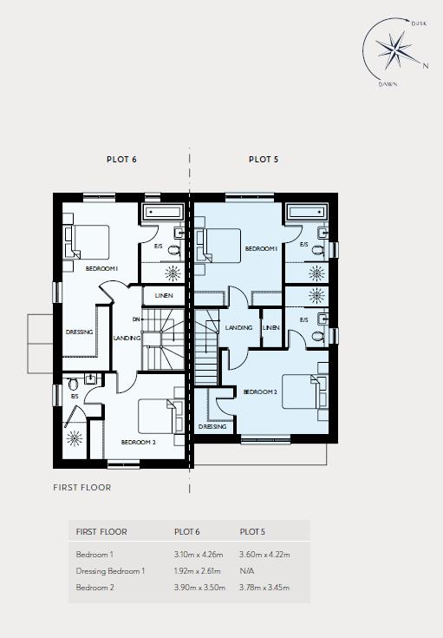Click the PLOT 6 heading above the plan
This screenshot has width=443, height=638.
point(121,160)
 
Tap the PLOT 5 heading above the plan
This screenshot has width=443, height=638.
point(264,160)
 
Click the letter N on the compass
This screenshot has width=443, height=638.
point(426,65)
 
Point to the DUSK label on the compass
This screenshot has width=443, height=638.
point(419,23)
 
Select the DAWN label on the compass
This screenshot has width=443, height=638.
point(388,85)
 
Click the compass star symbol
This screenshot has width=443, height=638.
point(394,49)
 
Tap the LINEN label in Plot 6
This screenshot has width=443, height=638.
point(164,296)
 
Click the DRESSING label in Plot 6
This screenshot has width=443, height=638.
point(79,332)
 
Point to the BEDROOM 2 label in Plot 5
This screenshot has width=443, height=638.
point(260,391)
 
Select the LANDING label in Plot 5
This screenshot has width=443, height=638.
point(238,327)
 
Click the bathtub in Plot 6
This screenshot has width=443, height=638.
point(162,212)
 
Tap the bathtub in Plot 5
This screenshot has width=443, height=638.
point(306,212)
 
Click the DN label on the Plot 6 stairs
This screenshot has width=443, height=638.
point(136,319)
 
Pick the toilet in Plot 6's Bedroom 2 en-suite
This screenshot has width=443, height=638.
point(73,384)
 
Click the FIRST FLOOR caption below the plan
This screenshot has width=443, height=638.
point(82,488)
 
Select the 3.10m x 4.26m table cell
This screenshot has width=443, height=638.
point(199,555)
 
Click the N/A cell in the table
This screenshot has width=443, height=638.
point(247,571)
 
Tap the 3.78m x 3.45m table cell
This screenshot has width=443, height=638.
point(264,588)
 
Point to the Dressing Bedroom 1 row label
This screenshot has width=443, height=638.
point(110,571)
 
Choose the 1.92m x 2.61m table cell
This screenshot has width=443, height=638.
point(197,571)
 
